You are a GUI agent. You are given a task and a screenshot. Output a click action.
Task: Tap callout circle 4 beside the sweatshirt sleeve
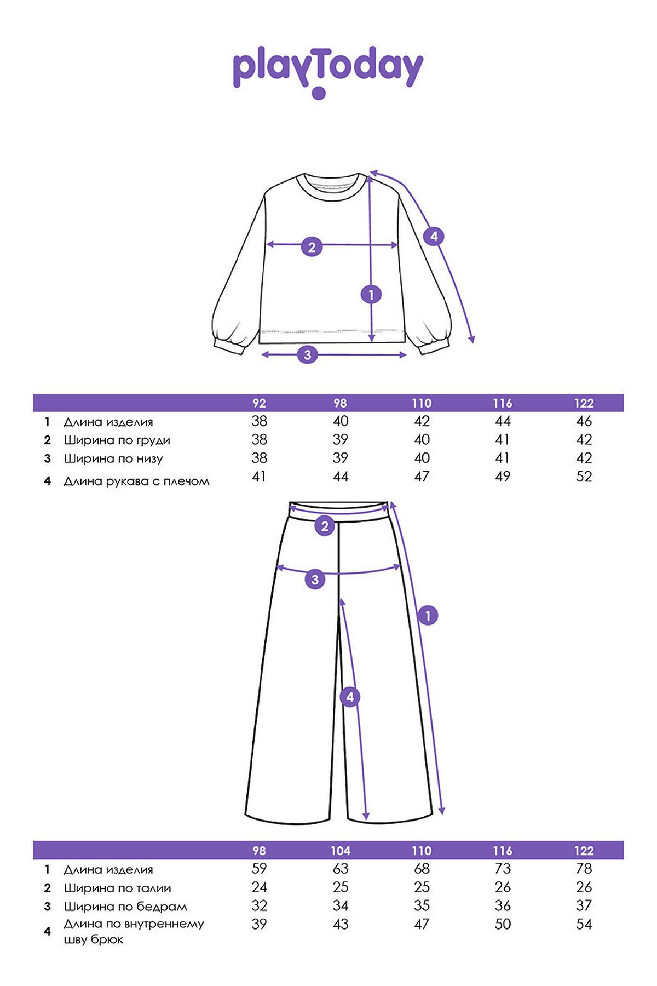[434, 237]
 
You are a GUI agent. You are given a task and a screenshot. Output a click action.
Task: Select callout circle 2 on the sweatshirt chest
[312, 246]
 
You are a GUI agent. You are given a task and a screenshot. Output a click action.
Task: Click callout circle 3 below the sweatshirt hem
[307, 354]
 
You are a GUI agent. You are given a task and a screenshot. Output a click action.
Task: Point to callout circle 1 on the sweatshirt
[371, 295]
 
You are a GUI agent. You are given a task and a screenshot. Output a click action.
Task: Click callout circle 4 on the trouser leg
[350, 697]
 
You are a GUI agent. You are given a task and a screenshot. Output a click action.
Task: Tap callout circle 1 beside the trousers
[428, 616]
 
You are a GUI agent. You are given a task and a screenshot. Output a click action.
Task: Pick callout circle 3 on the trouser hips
[315, 580]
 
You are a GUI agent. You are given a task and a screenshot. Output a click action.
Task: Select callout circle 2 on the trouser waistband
[325, 526]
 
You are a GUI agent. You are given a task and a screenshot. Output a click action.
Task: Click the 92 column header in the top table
[259, 403]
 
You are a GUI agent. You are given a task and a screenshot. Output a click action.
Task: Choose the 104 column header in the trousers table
[340, 851]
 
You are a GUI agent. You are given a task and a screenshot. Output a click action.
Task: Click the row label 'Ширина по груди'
[117, 440]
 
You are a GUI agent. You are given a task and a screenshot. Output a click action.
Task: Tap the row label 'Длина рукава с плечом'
[136, 481]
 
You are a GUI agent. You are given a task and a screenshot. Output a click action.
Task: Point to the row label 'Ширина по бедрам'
[125, 907]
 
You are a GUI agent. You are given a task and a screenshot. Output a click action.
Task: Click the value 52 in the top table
[584, 477]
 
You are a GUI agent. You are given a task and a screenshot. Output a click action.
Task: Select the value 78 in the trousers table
[584, 869]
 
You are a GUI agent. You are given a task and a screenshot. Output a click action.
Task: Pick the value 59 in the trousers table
[259, 869]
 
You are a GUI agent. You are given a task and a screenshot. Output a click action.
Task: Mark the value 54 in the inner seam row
[584, 924]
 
